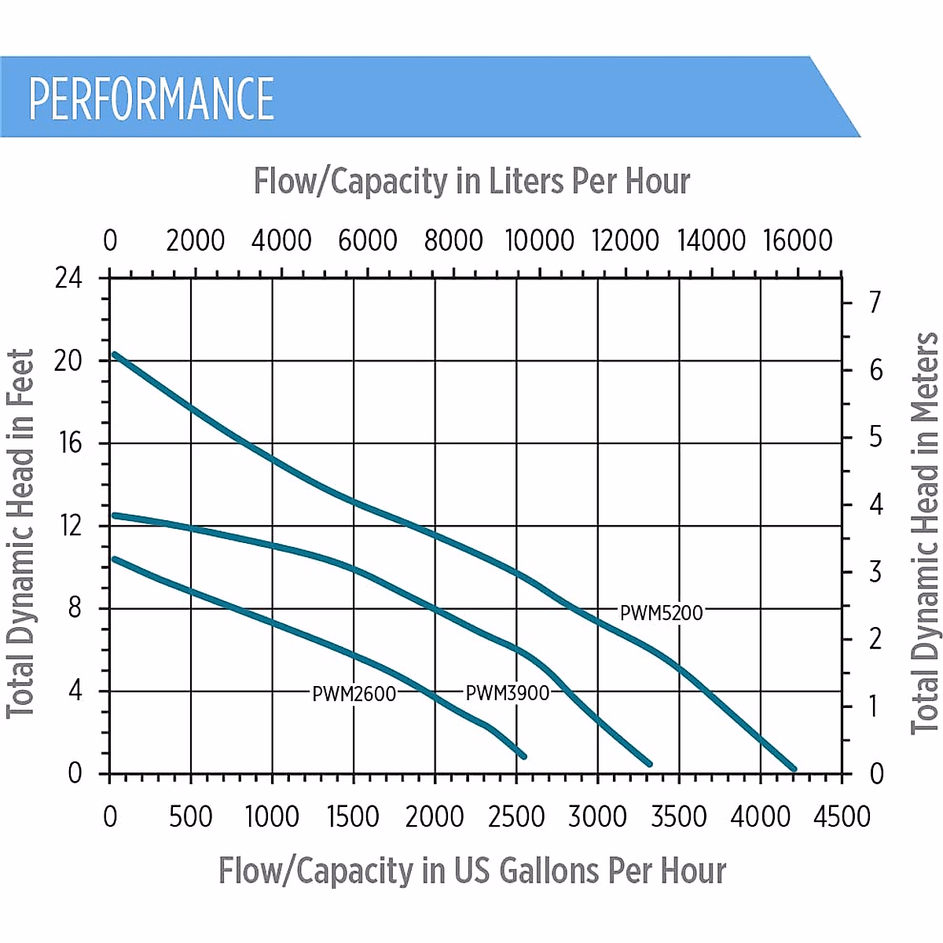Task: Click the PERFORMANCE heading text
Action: coord(152,99)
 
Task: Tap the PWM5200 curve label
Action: coord(662,613)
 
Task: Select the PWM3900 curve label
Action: coord(508,693)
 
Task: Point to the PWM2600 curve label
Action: coord(354,694)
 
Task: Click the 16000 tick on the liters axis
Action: coord(798,240)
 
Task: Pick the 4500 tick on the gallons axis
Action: coord(842,816)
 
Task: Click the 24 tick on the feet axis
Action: coord(68,277)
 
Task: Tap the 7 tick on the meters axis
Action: coord(875,302)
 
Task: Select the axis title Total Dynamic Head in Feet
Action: coord(21,534)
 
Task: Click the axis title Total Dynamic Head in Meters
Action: coord(925,534)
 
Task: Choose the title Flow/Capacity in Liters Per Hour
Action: coord(472,182)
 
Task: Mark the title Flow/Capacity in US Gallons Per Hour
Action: coord(472,871)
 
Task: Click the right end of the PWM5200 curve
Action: coord(794,769)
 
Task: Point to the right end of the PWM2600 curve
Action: coord(523,756)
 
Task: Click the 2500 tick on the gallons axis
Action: coord(516,816)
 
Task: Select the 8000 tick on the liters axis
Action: coord(453,240)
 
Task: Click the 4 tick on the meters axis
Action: coord(875,504)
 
